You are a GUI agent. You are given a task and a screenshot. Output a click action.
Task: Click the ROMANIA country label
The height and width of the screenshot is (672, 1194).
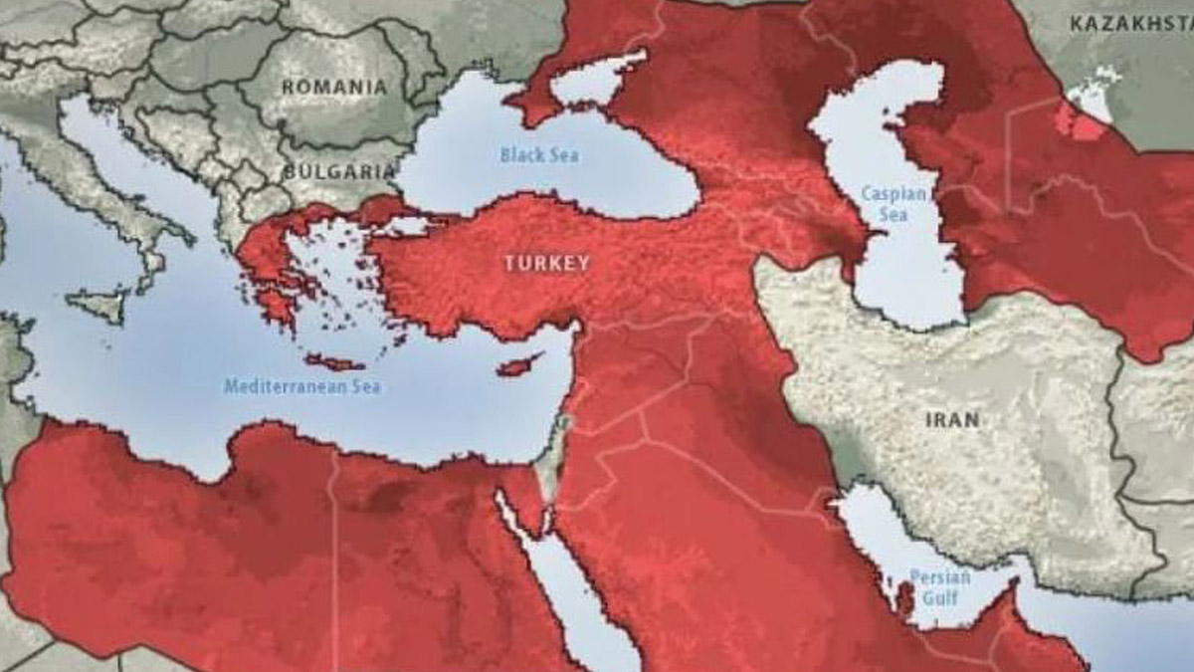click(x=333, y=87)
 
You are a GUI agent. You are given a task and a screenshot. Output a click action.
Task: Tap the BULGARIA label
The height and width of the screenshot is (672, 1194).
click(x=339, y=171)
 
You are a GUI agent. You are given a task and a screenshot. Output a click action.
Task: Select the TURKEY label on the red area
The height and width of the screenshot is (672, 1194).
click(x=546, y=263)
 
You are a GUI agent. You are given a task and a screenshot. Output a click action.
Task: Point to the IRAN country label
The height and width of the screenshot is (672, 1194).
click(x=951, y=419)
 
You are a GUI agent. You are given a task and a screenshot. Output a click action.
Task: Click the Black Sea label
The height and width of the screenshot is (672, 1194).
click(x=538, y=154)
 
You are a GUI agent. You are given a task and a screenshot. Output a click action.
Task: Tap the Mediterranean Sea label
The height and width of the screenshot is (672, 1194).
click(x=301, y=386)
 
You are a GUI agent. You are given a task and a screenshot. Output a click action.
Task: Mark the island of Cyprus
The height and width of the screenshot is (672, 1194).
click(x=518, y=365)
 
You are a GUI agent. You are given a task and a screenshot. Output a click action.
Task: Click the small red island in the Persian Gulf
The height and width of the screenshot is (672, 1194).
click(x=905, y=597)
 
